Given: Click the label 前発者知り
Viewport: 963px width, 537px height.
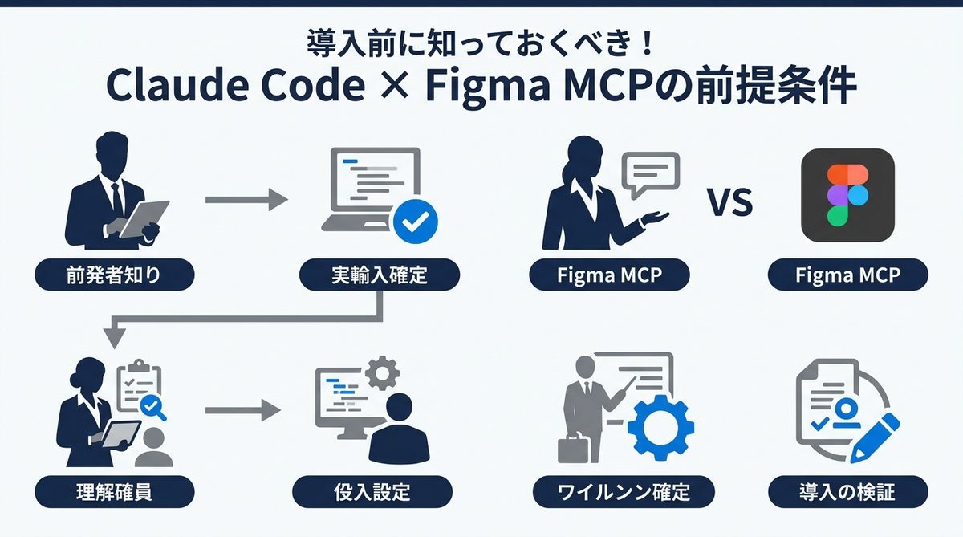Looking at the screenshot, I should (x=115, y=275).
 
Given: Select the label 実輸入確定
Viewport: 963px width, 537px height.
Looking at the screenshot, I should (x=379, y=275).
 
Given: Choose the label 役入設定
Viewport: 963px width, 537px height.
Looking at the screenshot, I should (x=371, y=490).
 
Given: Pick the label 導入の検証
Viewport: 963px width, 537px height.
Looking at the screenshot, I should (x=847, y=490).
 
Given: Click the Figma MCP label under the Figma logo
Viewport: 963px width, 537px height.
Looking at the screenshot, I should (x=847, y=275).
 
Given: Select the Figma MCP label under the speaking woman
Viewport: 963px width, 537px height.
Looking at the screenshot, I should (x=610, y=275).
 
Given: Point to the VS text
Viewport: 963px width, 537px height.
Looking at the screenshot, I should (x=729, y=203).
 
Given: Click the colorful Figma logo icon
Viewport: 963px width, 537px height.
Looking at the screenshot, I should (x=847, y=195).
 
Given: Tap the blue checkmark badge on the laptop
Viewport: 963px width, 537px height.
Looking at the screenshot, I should (x=415, y=221).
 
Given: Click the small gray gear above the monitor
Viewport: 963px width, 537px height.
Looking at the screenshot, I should (x=382, y=374).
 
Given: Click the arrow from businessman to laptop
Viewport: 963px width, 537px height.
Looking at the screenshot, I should (x=246, y=200).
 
